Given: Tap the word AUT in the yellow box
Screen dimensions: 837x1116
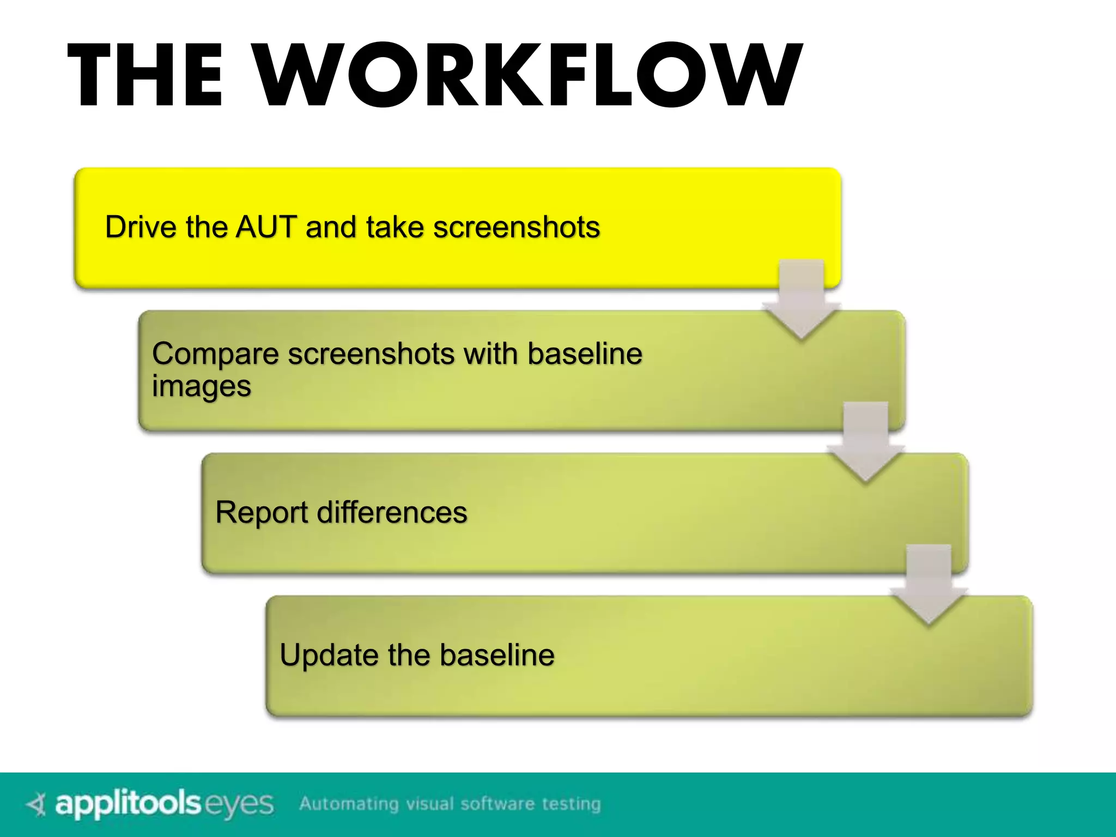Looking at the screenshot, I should click(x=266, y=227).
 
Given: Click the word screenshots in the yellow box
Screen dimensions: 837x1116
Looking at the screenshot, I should click(x=516, y=227).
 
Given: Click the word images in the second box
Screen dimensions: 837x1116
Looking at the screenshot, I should click(x=201, y=387).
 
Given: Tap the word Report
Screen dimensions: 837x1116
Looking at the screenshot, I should click(x=262, y=513).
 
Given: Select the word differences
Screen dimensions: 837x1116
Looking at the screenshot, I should click(x=392, y=513).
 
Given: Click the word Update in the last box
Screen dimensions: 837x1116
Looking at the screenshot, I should click(x=329, y=655).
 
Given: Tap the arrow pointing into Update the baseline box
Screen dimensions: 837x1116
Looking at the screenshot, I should click(x=929, y=585).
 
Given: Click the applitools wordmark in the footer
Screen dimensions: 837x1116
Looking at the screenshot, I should click(x=128, y=804).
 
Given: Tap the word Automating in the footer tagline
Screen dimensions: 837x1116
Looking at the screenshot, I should click(x=349, y=804).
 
